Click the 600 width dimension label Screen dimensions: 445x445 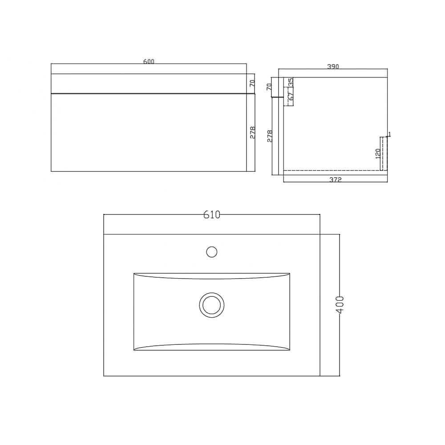coord(149,62)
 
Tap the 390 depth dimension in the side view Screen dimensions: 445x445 coord(333,67)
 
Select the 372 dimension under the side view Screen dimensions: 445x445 coord(335,180)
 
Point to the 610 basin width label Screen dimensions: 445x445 coord(212,214)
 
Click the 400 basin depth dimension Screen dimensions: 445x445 coord(340,305)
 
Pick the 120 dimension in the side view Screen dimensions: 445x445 coord(378,154)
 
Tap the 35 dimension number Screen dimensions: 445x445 coord(291,82)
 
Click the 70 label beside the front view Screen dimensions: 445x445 coord(251,83)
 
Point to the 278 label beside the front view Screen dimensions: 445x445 coord(252,132)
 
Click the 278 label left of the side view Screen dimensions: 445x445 coord(269,135)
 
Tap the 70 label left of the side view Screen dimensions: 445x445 coord(269,87)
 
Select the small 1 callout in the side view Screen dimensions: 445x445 coord(389,134)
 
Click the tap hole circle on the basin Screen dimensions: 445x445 coord(212,252)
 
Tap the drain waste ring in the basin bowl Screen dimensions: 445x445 coord(211,305)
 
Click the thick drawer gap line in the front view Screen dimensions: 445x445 coord(151,93)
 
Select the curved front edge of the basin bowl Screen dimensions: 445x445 coord(212,344)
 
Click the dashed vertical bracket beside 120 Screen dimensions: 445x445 coord(381,154)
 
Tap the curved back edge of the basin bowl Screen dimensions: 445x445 coord(212,279)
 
